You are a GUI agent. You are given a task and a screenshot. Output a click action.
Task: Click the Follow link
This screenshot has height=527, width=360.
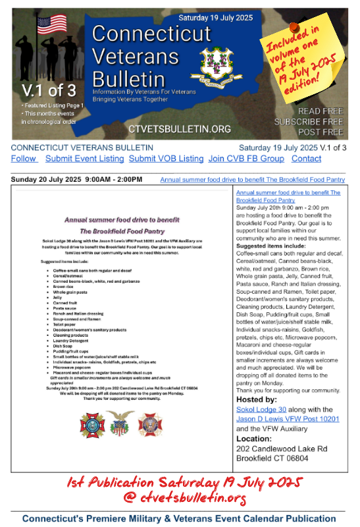click(24, 159)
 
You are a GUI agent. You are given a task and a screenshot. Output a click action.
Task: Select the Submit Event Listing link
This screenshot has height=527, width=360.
click(84, 159)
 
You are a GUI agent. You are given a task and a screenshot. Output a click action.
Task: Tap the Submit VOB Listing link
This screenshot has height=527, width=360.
click(166, 159)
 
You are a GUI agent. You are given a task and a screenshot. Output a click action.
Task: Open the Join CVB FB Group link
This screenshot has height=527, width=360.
click(246, 159)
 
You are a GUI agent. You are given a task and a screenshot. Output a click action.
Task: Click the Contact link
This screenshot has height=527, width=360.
click(306, 159)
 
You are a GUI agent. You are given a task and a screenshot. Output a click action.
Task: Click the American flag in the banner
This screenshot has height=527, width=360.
click(51, 24)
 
